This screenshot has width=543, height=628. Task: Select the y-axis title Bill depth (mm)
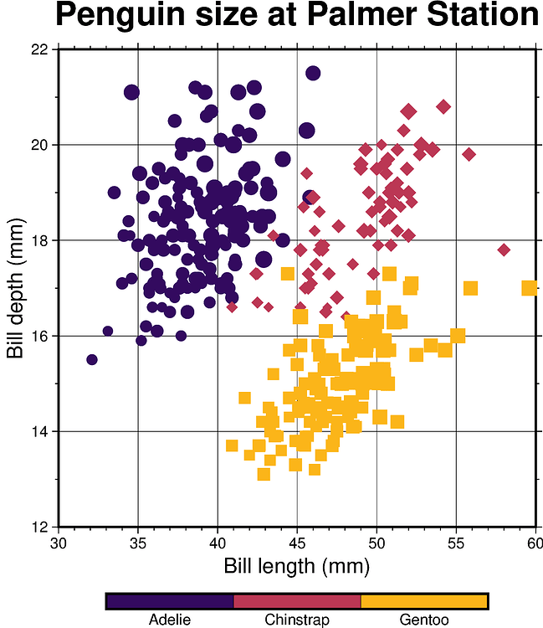(x=15, y=287)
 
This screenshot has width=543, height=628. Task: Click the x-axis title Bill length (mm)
(x=296, y=566)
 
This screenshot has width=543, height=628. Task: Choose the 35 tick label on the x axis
(x=138, y=544)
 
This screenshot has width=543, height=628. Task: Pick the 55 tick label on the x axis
(x=456, y=544)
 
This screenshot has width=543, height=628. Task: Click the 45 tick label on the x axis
(x=297, y=544)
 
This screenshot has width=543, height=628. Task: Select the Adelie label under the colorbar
(x=170, y=620)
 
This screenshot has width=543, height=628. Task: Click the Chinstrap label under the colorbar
(x=296, y=620)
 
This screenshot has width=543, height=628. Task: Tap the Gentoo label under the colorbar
(x=424, y=620)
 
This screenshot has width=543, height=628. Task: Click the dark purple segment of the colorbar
(x=170, y=601)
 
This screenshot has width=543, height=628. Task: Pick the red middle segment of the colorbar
(x=296, y=601)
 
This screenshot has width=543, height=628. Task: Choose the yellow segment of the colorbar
(x=424, y=601)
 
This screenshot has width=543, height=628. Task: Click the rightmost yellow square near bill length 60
(x=529, y=288)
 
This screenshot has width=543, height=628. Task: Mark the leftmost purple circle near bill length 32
(x=92, y=359)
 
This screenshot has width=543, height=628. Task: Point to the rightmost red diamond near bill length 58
(x=504, y=250)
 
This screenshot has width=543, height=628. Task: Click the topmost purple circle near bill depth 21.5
(x=313, y=73)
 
